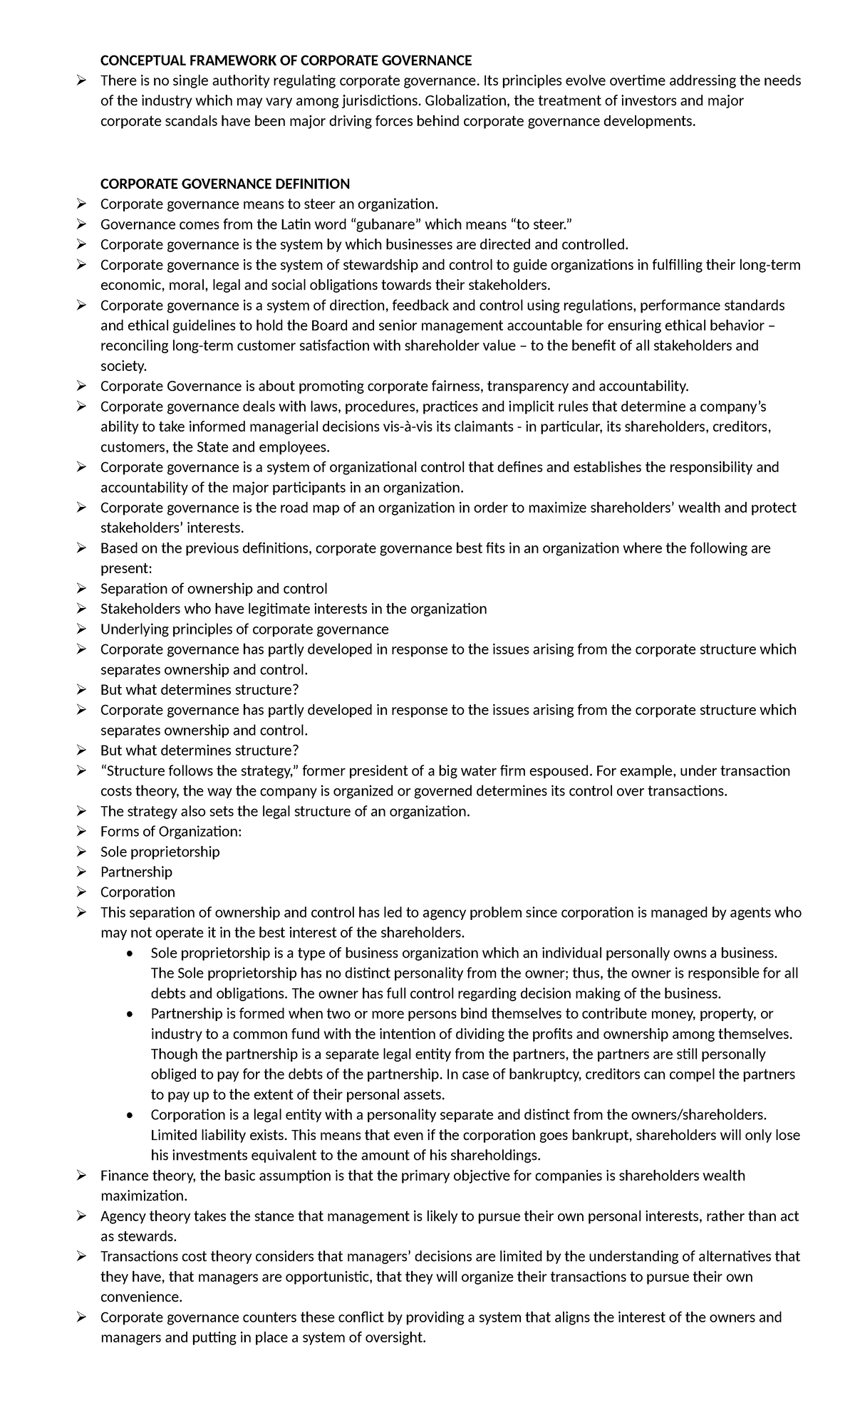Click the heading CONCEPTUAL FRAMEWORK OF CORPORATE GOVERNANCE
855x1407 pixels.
click(286, 61)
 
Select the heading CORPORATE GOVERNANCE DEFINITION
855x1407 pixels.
click(225, 184)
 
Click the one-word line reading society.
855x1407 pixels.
click(123, 366)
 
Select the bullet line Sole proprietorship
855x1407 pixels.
click(160, 852)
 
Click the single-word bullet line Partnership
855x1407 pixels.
click(136, 872)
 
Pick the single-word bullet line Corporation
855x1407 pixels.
click(138, 892)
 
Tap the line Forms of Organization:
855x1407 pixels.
click(171, 832)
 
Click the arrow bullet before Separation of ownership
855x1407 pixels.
click(82, 589)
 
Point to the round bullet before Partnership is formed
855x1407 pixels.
click(128, 1014)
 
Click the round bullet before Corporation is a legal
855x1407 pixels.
click(128, 1115)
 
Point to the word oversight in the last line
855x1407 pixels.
click(394, 1337)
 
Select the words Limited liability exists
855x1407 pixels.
click(219, 1135)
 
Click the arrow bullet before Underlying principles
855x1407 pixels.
click(82, 629)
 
